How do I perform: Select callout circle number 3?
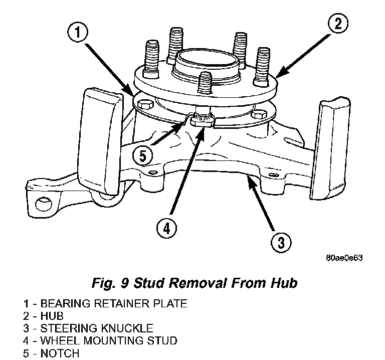pyautogui.click(x=281, y=243)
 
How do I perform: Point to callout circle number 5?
pyautogui.click(x=143, y=155)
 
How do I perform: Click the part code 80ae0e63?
pyautogui.click(x=344, y=258)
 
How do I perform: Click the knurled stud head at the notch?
pyautogui.click(x=203, y=120)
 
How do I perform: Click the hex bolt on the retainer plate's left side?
pyautogui.click(x=144, y=105)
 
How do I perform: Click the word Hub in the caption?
pyautogui.click(x=283, y=283)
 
